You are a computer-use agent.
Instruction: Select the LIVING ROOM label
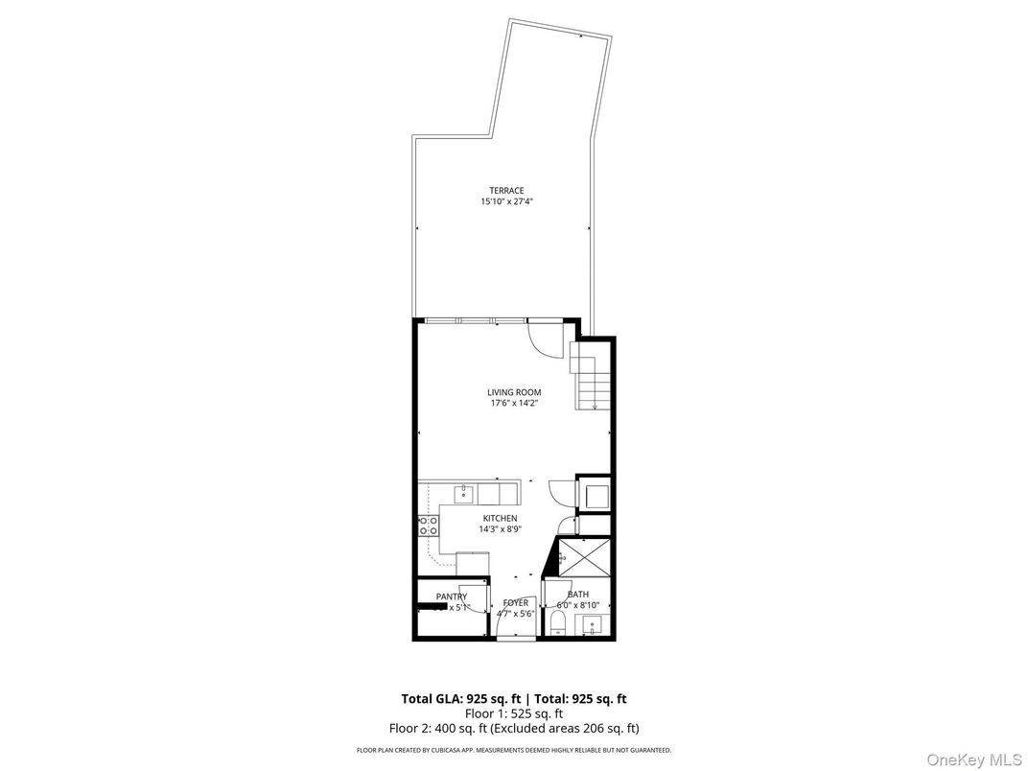(514, 392)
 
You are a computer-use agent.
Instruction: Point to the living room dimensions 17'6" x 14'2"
(514, 404)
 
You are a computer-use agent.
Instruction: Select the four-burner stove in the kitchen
(429, 526)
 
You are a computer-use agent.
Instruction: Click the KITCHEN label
(500, 519)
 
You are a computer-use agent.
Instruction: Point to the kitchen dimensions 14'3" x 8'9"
(500, 529)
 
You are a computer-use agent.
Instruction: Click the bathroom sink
(592, 628)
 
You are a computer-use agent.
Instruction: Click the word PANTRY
(451, 596)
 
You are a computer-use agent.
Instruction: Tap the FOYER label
(515, 603)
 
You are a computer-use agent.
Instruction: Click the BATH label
(577, 595)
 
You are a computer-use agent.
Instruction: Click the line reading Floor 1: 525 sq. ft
(514, 713)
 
